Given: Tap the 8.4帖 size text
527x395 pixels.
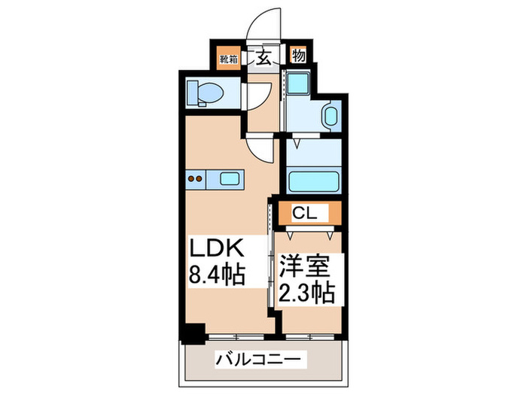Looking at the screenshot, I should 215,275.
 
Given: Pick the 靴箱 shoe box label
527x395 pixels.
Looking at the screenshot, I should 229,56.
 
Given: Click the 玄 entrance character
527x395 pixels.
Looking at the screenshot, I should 265,56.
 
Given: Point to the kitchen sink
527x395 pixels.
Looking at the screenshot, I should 228,179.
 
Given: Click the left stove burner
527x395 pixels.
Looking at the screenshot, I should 191,179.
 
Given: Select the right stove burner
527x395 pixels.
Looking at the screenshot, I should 202,179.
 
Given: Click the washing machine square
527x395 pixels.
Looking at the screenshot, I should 300,84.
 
